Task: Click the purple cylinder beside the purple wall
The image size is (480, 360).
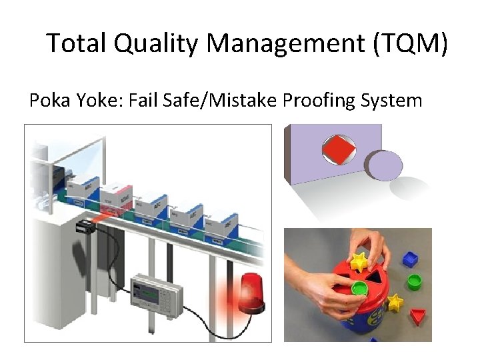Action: pyautogui.click(x=383, y=165)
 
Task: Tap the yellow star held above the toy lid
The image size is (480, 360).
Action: pyautogui.click(x=361, y=261)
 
